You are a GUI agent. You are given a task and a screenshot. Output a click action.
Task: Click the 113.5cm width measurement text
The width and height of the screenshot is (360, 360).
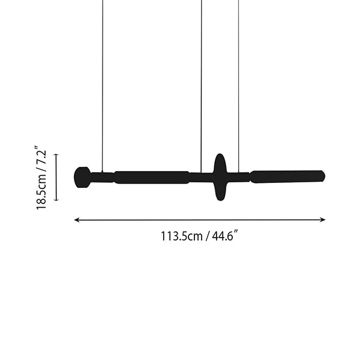181,236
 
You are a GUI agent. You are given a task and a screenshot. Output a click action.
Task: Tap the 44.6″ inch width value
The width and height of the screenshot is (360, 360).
224,236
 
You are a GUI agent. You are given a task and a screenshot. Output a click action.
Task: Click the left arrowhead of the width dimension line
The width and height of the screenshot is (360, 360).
77,220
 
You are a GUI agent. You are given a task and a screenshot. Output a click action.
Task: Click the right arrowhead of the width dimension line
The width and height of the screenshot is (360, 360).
323,220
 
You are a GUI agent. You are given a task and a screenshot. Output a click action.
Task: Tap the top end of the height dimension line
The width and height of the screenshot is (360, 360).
56,155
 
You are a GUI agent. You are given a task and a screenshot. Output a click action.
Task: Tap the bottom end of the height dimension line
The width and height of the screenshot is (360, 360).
56,200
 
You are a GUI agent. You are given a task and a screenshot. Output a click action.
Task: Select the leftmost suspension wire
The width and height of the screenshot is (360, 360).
103,86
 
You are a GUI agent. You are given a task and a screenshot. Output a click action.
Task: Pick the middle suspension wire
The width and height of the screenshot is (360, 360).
202,86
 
